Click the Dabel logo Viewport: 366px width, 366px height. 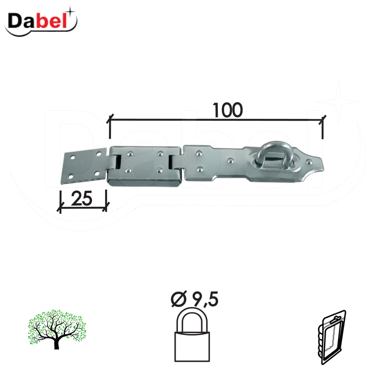click(41, 21)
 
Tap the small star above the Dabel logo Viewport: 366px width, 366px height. click(70, 10)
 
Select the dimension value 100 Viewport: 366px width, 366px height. click(227, 109)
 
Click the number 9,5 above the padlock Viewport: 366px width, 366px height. click(204, 300)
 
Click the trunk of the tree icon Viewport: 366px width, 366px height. click(57, 343)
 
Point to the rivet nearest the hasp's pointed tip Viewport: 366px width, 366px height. click(310, 161)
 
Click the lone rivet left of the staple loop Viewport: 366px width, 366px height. click(230, 161)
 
